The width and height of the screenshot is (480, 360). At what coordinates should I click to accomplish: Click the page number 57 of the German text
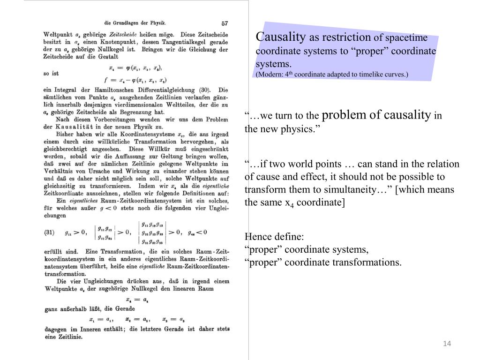click(225, 22)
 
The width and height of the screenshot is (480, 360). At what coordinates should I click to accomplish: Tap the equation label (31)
click(50, 232)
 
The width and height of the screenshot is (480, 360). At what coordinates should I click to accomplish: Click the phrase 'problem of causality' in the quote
click(376, 115)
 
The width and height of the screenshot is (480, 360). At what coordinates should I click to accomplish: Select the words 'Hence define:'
click(274, 236)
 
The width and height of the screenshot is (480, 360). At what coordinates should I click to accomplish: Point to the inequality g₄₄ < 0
click(197, 232)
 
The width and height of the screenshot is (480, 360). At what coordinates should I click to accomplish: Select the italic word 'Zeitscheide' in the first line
click(123, 34)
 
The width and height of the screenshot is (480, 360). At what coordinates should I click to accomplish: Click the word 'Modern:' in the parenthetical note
click(270, 74)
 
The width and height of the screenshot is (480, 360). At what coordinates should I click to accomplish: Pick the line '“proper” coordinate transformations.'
click(323, 262)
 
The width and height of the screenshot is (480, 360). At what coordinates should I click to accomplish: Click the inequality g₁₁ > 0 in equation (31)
click(75, 232)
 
